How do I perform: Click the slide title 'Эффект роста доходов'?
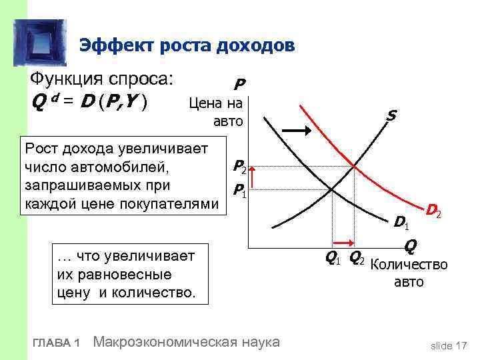(x=187, y=45)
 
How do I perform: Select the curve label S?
(x=391, y=116)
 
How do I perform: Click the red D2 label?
(x=435, y=213)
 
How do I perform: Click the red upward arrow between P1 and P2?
(x=255, y=179)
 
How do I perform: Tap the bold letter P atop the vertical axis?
(x=239, y=85)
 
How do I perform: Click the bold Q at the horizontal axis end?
(x=410, y=247)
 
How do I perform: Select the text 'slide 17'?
(x=449, y=345)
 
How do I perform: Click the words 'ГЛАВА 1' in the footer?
(x=56, y=343)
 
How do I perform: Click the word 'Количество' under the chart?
(x=408, y=265)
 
